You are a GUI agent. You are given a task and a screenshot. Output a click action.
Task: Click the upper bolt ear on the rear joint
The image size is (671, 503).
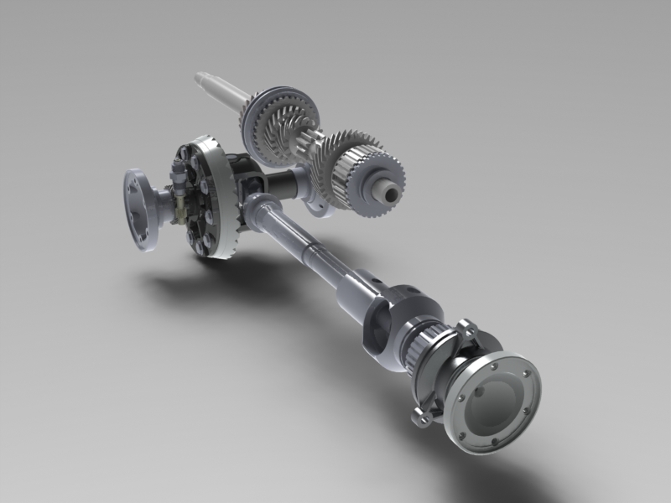tap(466, 326)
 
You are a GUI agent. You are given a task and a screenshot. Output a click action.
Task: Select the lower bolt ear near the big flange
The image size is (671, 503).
tap(419, 414)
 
